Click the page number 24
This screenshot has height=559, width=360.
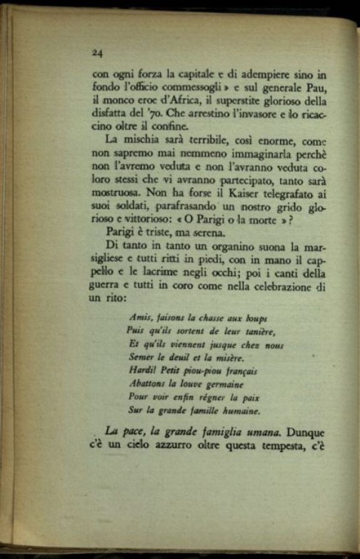96,53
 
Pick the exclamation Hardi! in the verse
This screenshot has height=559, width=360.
143,371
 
